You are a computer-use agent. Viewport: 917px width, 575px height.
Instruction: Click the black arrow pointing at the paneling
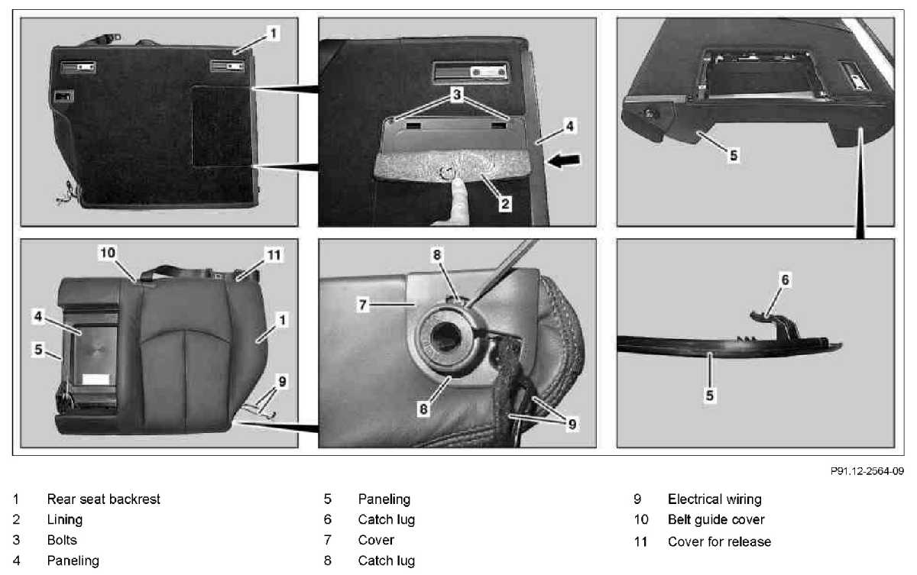click(x=564, y=160)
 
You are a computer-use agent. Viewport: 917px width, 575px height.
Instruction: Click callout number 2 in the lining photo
click(x=505, y=203)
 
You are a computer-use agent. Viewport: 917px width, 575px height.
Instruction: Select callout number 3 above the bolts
click(x=457, y=95)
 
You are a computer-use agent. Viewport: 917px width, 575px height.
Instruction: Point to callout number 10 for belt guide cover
click(x=108, y=252)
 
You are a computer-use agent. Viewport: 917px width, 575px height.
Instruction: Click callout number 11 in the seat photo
click(x=274, y=255)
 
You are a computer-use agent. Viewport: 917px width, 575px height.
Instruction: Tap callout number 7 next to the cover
click(x=362, y=305)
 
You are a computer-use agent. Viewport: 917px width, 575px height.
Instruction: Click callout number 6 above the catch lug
click(x=785, y=279)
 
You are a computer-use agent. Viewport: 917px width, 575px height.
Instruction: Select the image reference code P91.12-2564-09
click(x=867, y=471)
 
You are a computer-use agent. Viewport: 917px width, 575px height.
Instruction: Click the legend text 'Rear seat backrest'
click(x=104, y=499)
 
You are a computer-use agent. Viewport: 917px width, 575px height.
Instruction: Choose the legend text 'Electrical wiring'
click(x=714, y=499)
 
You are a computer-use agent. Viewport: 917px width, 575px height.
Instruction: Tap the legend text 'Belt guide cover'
click(x=716, y=519)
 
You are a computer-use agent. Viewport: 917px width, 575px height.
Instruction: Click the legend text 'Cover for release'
click(x=719, y=541)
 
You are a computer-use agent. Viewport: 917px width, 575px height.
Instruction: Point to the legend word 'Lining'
click(x=65, y=520)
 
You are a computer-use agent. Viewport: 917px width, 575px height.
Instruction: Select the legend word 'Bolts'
click(x=62, y=540)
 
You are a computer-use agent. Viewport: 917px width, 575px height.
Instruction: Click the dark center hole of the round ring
click(x=446, y=337)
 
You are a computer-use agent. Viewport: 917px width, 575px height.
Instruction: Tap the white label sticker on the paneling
click(x=96, y=379)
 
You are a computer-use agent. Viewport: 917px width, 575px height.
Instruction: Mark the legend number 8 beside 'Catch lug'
click(x=328, y=560)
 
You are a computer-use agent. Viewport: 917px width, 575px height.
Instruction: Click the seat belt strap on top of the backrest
click(x=180, y=272)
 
